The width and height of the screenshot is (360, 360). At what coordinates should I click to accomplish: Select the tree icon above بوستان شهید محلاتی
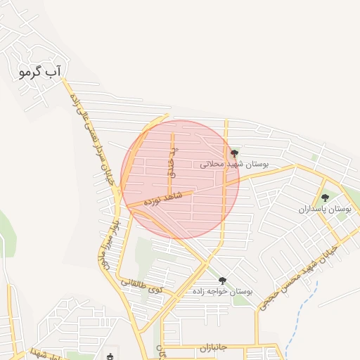coord(234,153)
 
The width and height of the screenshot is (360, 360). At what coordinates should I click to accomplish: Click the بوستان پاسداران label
coord(324,210)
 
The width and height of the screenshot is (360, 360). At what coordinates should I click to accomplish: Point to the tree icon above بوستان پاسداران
coord(325,198)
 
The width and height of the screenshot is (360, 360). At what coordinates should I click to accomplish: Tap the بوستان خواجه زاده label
coord(224,290)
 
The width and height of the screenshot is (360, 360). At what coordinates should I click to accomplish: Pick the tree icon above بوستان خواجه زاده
coord(223,280)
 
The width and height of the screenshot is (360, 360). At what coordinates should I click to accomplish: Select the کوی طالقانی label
coord(141,285)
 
